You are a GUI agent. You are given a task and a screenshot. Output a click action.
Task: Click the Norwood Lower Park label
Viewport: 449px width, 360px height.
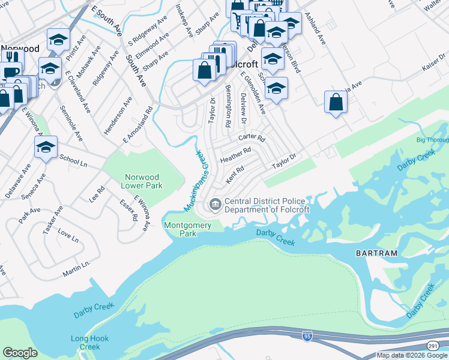click(142, 181)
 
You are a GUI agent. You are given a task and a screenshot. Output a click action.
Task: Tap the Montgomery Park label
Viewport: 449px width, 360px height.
click(188, 229)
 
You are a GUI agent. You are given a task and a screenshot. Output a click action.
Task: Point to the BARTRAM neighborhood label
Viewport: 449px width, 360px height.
click(376, 253)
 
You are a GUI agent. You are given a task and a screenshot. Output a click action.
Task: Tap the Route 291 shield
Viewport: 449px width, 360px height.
click(433, 346)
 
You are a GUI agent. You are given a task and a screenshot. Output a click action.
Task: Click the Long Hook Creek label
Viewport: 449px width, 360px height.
click(89, 343)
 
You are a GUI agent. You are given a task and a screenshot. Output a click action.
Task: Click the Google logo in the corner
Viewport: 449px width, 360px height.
click(20, 353)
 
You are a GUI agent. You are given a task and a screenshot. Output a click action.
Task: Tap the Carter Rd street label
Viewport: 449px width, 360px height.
click(252, 138)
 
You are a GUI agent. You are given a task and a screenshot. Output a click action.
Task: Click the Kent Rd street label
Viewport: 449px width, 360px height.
click(235, 175)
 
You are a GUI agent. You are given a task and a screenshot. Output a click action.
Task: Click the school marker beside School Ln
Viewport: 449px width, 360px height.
click(46, 147)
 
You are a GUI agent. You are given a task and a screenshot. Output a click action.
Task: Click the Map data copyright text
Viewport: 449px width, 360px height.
click(411, 355)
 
